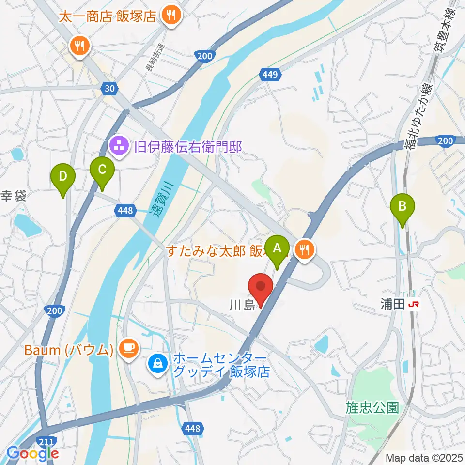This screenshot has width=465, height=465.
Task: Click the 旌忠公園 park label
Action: (x=372, y=407)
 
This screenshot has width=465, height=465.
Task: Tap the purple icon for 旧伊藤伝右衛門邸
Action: (x=119, y=145)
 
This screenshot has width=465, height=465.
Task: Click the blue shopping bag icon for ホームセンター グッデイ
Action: (x=158, y=362)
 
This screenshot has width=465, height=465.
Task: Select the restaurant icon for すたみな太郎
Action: (x=304, y=250)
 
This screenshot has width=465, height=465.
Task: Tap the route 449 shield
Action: (x=271, y=75)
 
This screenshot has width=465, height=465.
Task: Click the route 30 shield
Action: (x=109, y=88)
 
